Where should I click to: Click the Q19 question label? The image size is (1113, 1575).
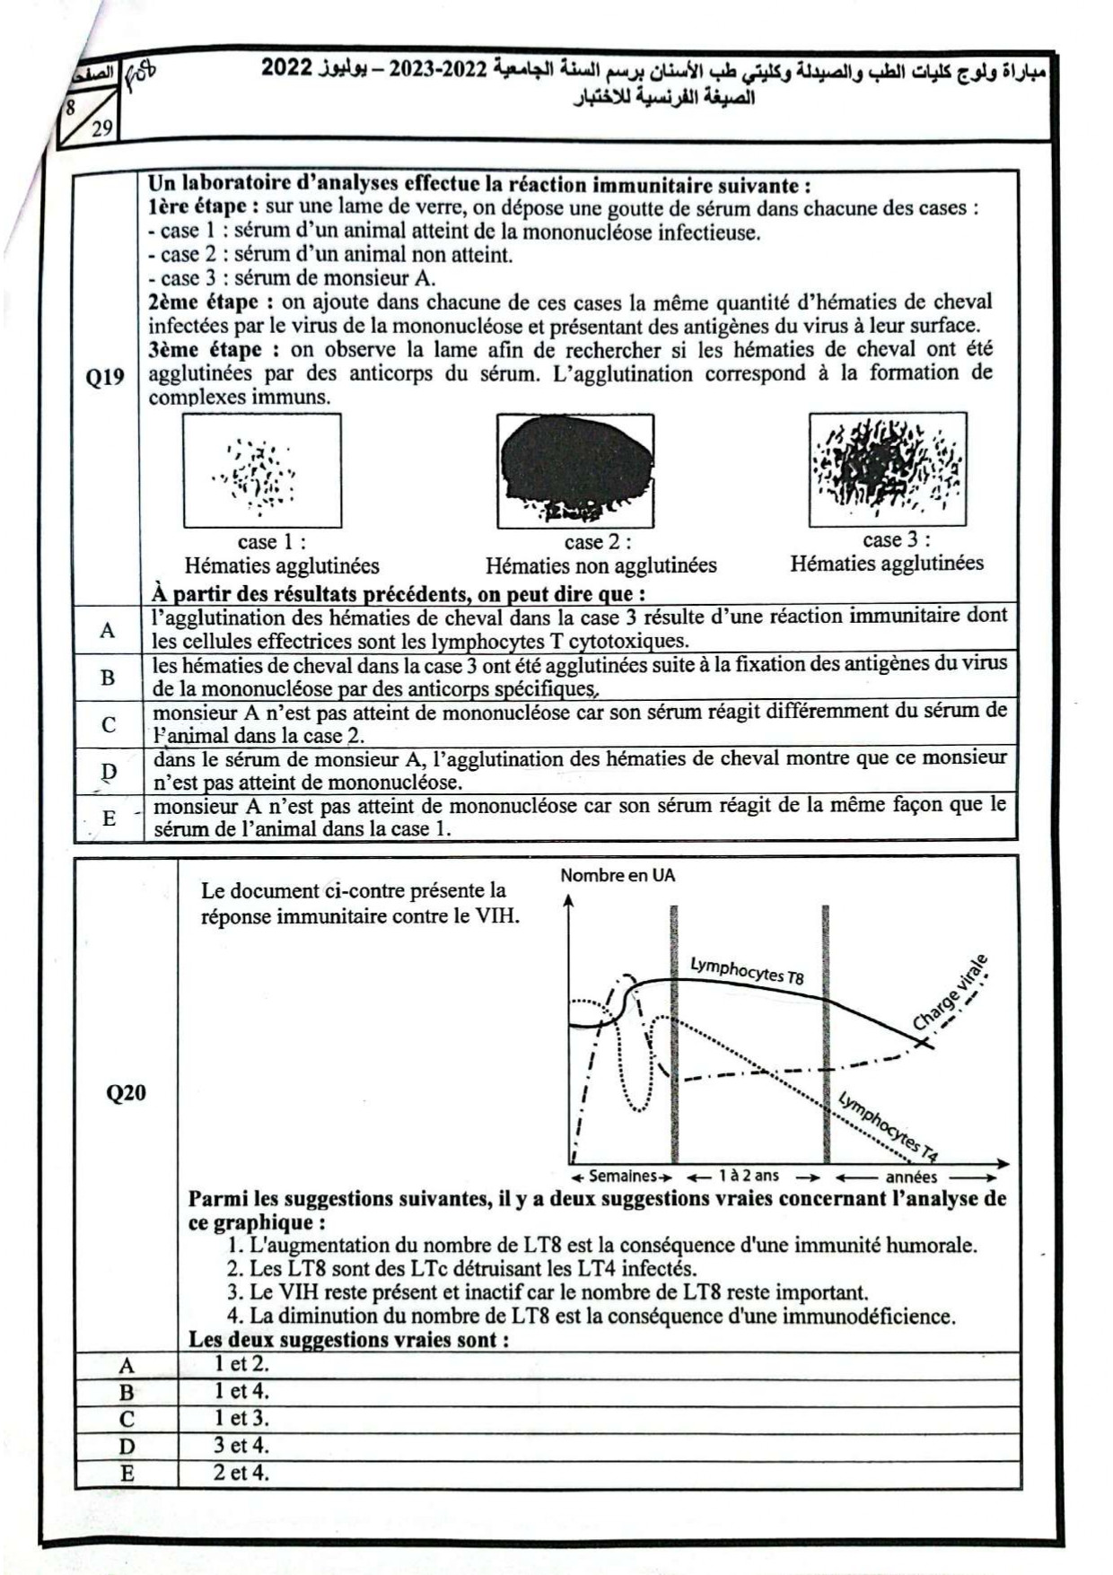pyautogui.click(x=105, y=377)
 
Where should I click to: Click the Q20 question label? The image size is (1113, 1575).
pyautogui.click(x=126, y=1092)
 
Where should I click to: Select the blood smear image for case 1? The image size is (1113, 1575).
pyautogui.click(x=262, y=470)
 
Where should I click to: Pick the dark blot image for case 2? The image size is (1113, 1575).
pyautogui.click(x=575, y=470)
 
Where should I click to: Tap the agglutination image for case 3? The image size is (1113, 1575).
pyautogui.click(x=887, y=468)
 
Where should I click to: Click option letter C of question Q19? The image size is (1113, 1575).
pyautogui.click(x=108, y=724)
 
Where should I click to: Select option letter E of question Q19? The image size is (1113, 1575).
pyautogui.click(x=109, y=818)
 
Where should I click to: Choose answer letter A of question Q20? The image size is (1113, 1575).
pyautogui.click(x=127, y=1366)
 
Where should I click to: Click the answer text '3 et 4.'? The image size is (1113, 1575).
pyautogui.click(x=241, y=1445)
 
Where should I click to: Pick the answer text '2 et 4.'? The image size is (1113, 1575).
pyautogui.click(x=241, y=1472)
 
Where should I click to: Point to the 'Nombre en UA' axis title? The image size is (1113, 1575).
pyautogui.click(x=618, y=875)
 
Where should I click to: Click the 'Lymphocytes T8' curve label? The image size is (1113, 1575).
pyautogui.click(x=747, y=970)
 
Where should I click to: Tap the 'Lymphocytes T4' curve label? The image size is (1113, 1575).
pyautogui.click(x=889, y=1125)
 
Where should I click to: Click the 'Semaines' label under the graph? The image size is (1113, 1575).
pyautogui.click(x=623, y=1176)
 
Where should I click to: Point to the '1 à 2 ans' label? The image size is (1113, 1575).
pyautogui.click(x=749, y=1176)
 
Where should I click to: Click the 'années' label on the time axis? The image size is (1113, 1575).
pyautogui.click(x=911, y=1177)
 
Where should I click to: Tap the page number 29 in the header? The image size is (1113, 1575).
pyautogui.click(x=101, y=127)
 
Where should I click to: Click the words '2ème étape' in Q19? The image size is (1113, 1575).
pyautogui.click(x=203, y=302)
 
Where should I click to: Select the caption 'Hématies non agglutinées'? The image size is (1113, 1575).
pyautogui.click(x=600, y=565)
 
